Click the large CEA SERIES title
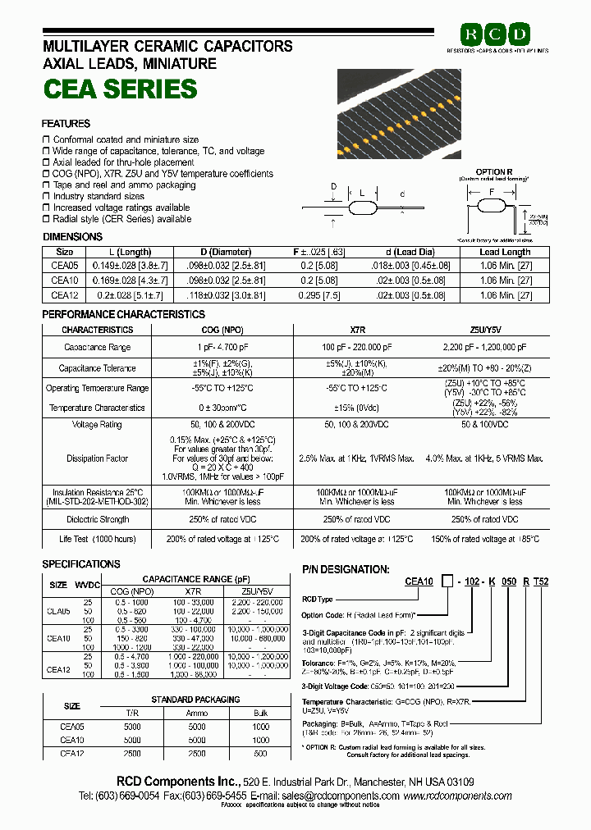(x=119, y=89)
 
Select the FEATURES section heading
(x=66, y=124)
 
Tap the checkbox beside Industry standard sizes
(x=46, y=197)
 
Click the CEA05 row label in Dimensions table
(x=65, y=266)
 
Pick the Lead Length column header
(x=505, y=253)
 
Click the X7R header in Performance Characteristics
(x=358, y=330)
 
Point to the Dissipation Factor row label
(x=98, y=458)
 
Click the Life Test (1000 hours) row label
(x=98, y=539)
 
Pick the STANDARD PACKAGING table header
(x=195, y=700)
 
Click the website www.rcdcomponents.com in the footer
(x=457, y=796)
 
